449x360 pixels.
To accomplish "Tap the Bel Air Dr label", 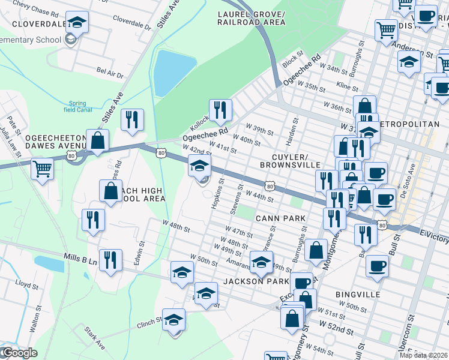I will pos(109,73).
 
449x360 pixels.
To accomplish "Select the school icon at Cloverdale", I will pos(77,23).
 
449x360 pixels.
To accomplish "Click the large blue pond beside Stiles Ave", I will pos(173,72).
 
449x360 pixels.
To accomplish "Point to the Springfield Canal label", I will pos(82,106).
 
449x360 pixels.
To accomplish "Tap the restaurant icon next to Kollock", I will pos(220,110).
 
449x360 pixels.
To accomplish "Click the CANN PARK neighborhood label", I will pos(280,218).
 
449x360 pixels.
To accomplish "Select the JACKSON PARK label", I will pos(256,281).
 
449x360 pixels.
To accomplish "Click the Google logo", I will pos(19,353).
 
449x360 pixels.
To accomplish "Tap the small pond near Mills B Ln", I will pos(49,263).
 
